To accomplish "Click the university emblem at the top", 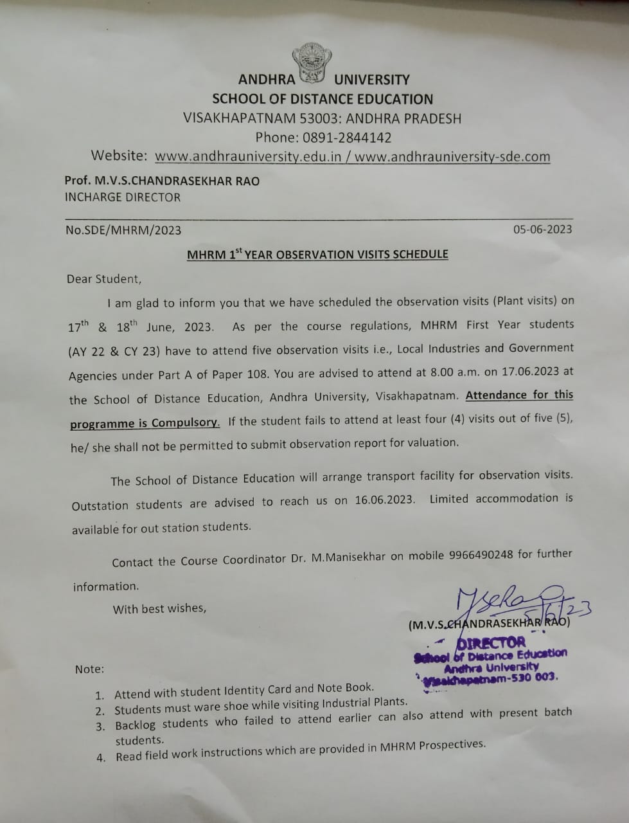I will pyautogui.click(x=313, y=64).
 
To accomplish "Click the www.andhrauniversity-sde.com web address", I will pyautogui.click(x=452, y=156).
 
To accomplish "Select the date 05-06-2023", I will pyautogui.click(x=542, y=230).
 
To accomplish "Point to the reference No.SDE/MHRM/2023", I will pyautogui.click(x=123, y=230).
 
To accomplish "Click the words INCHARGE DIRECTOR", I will pyautogui.click(x=123, y=197).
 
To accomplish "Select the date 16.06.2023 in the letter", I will pyautogui.click(x=384, y=500).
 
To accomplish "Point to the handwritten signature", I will pyautogui.click(x=508, y=601).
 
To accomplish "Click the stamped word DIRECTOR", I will pyautogui.click(x=491, y=642).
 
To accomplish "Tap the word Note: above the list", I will pyautogui.click(x=89, y=669).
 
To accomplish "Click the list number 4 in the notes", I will pyautogui.click(x=101, y=757).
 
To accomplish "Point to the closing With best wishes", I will pyautogui.click(x=159, y=608).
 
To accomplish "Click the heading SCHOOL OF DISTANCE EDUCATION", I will pyautogui.click(x=323, y=99).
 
